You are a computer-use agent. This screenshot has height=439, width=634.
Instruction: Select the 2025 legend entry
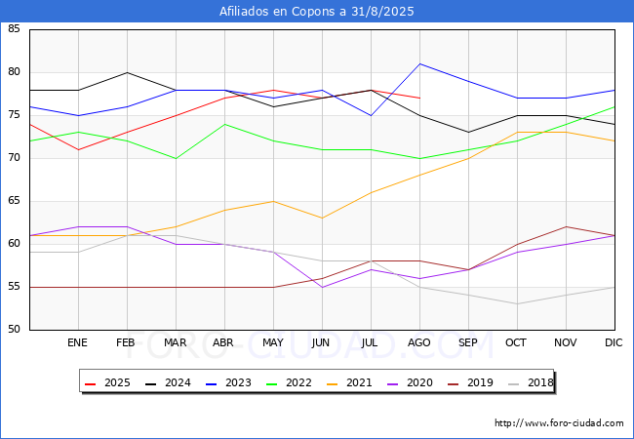(x=107, y=382)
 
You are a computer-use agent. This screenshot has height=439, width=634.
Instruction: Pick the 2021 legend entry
(x=349, y=382)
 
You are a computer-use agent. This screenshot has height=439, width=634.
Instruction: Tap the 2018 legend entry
(x=531, y=382)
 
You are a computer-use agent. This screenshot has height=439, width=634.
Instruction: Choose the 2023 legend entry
(x=228, y=382)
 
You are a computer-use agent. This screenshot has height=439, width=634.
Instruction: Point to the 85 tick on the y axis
(x=14, y=28)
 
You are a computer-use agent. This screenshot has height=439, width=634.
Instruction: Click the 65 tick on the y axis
(x=14, y=201)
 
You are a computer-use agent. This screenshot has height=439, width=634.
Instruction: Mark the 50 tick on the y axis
(x=14, y=329)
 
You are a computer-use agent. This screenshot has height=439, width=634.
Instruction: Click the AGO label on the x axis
(x=418, y=342)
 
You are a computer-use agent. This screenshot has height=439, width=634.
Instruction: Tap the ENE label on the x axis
(x=77, y=342)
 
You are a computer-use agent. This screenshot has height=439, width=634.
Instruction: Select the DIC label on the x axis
(x=614, y=342)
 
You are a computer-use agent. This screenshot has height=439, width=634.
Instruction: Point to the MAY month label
(x=273, y=342)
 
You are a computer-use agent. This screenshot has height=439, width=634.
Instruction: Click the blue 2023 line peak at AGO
(x=420, y=63)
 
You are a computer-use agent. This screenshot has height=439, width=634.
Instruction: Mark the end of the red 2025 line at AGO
(x=420, y=99)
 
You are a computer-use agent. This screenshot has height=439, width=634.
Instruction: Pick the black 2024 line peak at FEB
(x=128, y=73)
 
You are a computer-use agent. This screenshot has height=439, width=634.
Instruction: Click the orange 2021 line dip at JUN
(x=322, y=219)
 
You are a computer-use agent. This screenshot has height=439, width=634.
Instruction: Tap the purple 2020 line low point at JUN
(x=322, y=287)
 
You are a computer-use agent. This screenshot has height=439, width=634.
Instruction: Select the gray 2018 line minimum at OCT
(x=518, y=304)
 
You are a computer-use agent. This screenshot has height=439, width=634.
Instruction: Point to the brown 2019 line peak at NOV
(x=566, y=226)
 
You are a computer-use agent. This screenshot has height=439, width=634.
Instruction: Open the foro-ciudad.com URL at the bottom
(x=559, y=423)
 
